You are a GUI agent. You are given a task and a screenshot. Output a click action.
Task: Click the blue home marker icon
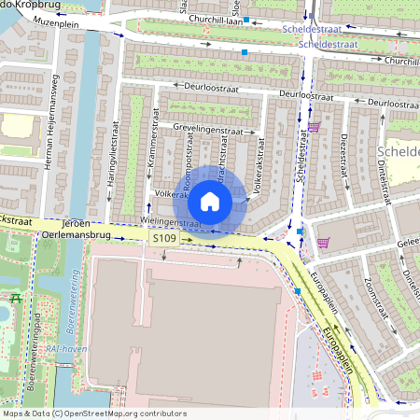click(210, 201)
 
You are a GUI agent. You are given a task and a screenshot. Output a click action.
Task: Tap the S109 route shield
click(163, 239)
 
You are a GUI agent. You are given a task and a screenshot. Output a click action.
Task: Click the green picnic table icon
click(16, 299)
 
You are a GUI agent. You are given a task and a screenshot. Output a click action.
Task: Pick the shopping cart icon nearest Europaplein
click(323, 243)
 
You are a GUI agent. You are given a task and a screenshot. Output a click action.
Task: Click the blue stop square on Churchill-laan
click(245, 52)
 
